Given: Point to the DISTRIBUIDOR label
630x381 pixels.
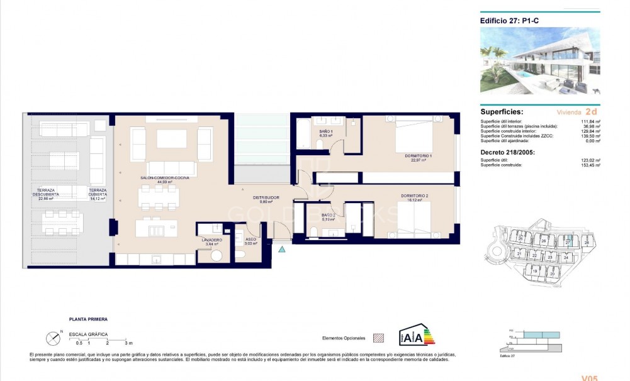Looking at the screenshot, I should coord(266,199).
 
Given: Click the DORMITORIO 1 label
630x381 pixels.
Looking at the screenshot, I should coord(414,157).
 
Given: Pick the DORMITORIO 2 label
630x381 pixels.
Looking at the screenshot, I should coord(414,197).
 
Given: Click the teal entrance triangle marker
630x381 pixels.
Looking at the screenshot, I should coord(282,250).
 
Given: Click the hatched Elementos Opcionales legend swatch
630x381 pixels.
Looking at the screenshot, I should coord(378,337).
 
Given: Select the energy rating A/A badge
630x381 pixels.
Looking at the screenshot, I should coord(413,338).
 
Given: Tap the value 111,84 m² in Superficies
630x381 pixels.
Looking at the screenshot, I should coord(590,121).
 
